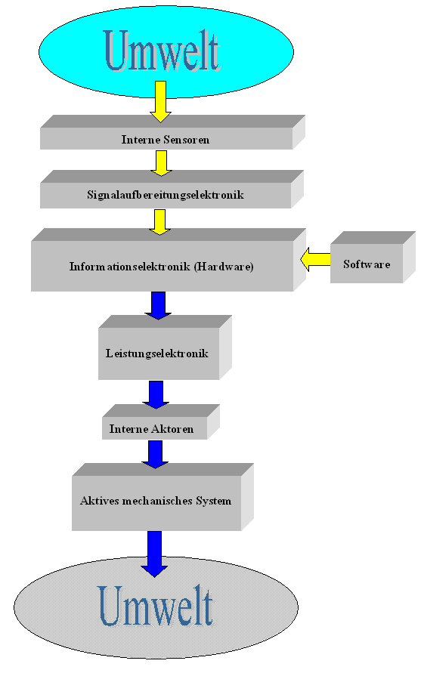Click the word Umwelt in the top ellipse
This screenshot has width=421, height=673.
163,50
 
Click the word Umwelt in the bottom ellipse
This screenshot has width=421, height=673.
156,606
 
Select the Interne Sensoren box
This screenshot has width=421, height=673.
172,132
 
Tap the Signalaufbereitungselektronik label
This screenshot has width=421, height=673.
166,196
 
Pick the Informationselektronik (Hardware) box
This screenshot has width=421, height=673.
169,260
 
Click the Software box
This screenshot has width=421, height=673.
373,258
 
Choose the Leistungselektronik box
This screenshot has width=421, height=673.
165,347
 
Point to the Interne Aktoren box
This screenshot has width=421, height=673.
161,422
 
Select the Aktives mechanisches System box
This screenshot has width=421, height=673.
163,497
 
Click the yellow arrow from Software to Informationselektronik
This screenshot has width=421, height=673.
315,259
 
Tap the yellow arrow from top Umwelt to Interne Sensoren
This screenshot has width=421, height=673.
161,102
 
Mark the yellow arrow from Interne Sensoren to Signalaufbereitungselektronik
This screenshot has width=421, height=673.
161,163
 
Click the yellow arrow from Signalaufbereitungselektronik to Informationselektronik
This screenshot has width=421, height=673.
159,222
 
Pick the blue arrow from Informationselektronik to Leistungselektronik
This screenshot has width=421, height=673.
158,306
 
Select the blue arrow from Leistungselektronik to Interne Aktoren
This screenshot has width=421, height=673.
156,395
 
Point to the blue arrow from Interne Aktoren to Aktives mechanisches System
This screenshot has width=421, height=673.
155,455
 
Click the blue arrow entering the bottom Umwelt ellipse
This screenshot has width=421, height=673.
154,554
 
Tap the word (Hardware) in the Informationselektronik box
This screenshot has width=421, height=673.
224,267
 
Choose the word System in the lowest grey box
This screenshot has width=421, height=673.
214,502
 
